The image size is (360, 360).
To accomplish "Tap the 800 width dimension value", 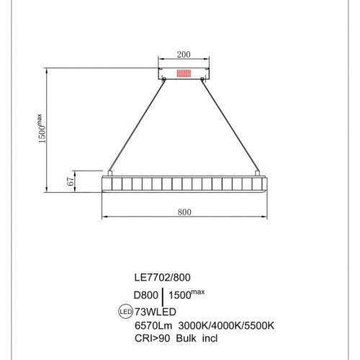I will point(183,212).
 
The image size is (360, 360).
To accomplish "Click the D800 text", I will point(145,294).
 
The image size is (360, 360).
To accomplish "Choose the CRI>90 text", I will point(153,338).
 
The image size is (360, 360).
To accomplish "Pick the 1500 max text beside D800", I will point(189,294).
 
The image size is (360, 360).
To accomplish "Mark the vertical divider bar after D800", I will point(165,295).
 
